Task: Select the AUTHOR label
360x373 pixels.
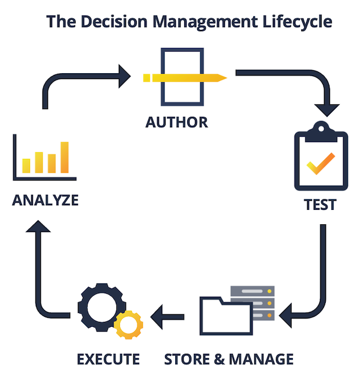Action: coord(176,122)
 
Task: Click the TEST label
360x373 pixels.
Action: coord(320,204)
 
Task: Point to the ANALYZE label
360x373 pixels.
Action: coord(45,200)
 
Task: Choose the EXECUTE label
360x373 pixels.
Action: coord(108,359)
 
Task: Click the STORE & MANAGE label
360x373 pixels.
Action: coord(229,359)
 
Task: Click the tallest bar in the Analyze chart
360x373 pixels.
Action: coord(64,157)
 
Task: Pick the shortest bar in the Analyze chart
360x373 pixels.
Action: coord(26,164)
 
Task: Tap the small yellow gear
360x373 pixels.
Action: coord(128,324)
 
